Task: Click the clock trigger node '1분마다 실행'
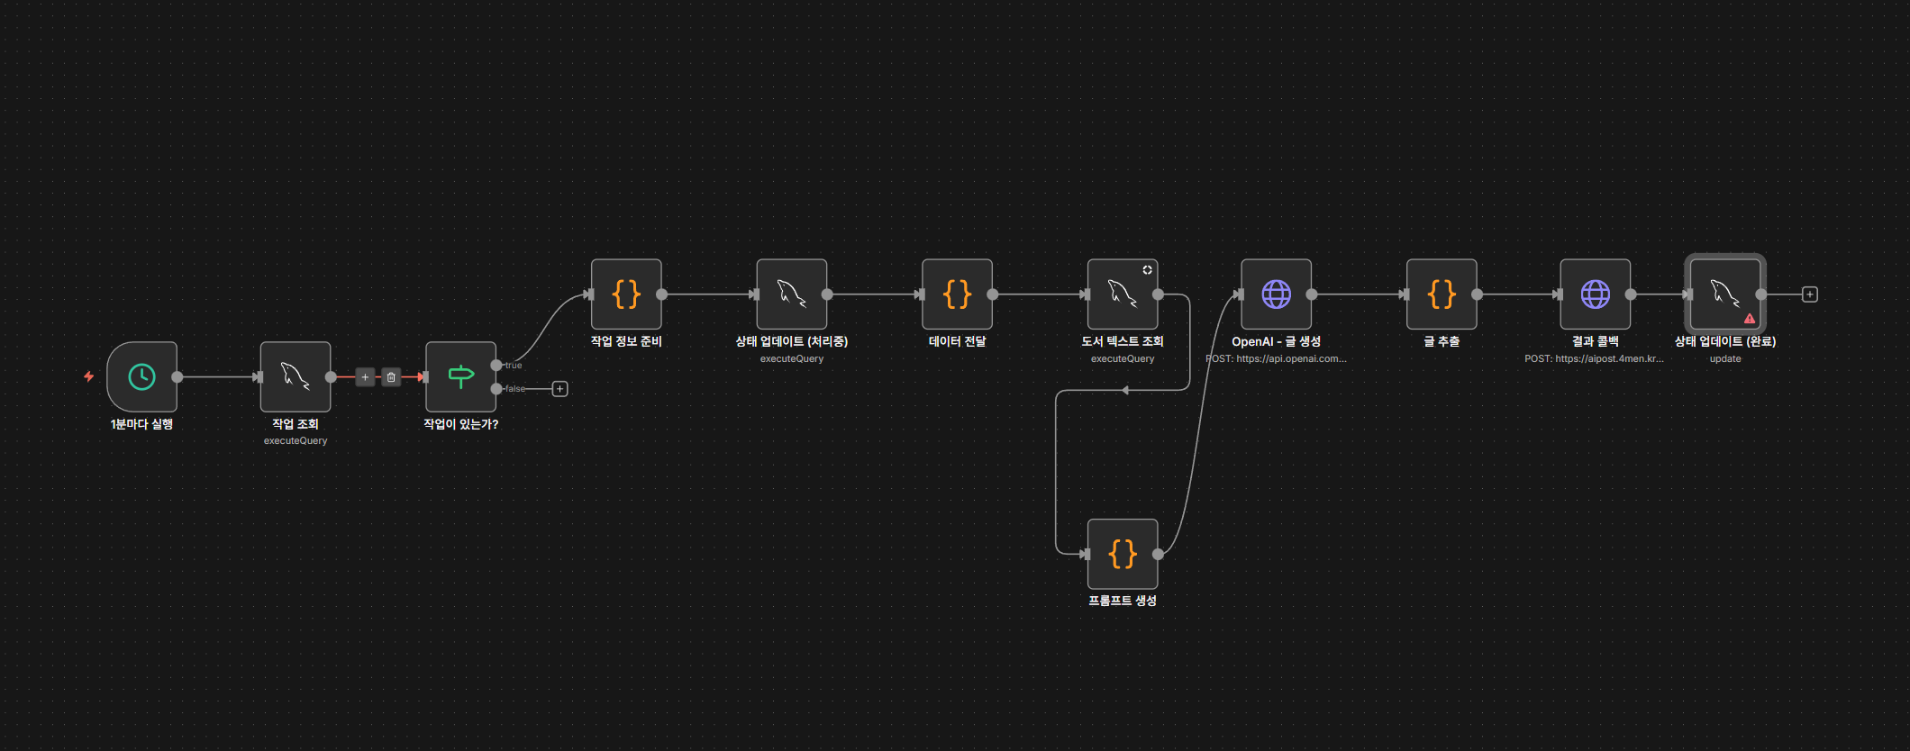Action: [141, 376]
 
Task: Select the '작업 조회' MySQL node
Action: [295, 376]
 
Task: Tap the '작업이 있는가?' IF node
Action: [460, 376]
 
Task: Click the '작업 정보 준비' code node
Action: [626, 294]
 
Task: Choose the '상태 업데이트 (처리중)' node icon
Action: [791, 294]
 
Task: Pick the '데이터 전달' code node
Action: [957, 294]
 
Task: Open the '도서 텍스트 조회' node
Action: [1122, 294]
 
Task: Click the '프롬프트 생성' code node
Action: [1122, 554]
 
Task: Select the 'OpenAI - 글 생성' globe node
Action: [1276, 294]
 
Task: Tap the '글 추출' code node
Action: [1442, 294]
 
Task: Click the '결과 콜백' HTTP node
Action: [1595, 294]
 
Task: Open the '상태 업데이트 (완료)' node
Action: [1724, 294]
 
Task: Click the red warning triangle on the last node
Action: [1750, 319]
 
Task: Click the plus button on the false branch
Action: [559, 389]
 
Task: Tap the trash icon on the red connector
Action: [391, 377]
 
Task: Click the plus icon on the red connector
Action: [365, 377]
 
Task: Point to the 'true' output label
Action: [514, 366]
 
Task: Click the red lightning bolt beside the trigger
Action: [88, 376]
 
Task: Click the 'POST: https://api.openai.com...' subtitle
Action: [1277, 358]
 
